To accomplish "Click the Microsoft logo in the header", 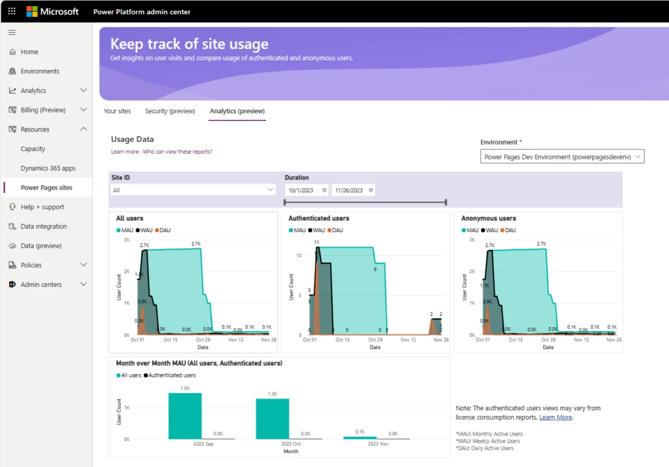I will [x=52, y=11].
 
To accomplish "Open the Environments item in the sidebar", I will [x=40, y=71].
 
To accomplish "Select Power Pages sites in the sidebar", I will [x=46, y=188].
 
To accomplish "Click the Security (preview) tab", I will [x=170, y=111].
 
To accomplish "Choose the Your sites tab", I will [x=117, y=111].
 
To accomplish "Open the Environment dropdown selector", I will [x=562, y=157].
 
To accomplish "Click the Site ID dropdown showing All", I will [x=193, y=190].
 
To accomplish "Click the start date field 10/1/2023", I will [x=306, y=190].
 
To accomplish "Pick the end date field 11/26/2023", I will [x=353, y=190].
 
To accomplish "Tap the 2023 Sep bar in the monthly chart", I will [x=185, y=416].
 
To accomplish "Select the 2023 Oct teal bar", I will [x=272, y=419].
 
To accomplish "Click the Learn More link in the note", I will [x=555, y=417].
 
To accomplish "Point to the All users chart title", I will [x=129, y=218].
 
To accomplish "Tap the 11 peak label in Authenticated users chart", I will [x=316, y=243].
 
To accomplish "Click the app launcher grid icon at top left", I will [x=12, y=11].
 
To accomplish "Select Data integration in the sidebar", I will [x=43, y=226].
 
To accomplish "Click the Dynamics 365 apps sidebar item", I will [x=48, y=168].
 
